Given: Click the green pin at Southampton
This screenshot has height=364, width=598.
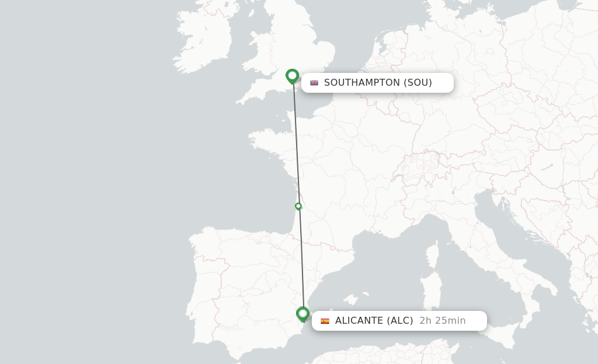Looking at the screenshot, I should point(292,76).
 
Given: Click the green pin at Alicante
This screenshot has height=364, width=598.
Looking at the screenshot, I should point(303,314).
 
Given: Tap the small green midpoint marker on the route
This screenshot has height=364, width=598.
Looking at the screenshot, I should point(298,206).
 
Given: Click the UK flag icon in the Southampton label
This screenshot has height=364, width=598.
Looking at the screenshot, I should point(314,83).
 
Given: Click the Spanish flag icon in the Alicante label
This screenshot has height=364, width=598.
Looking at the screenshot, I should point(325,321).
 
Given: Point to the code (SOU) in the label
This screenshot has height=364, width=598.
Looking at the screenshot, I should point(418,83).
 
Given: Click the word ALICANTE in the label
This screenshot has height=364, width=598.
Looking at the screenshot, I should point(359,321).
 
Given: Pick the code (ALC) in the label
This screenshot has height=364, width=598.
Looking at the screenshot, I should point(400,321).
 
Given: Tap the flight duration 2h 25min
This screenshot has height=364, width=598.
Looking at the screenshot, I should point(443,321).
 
